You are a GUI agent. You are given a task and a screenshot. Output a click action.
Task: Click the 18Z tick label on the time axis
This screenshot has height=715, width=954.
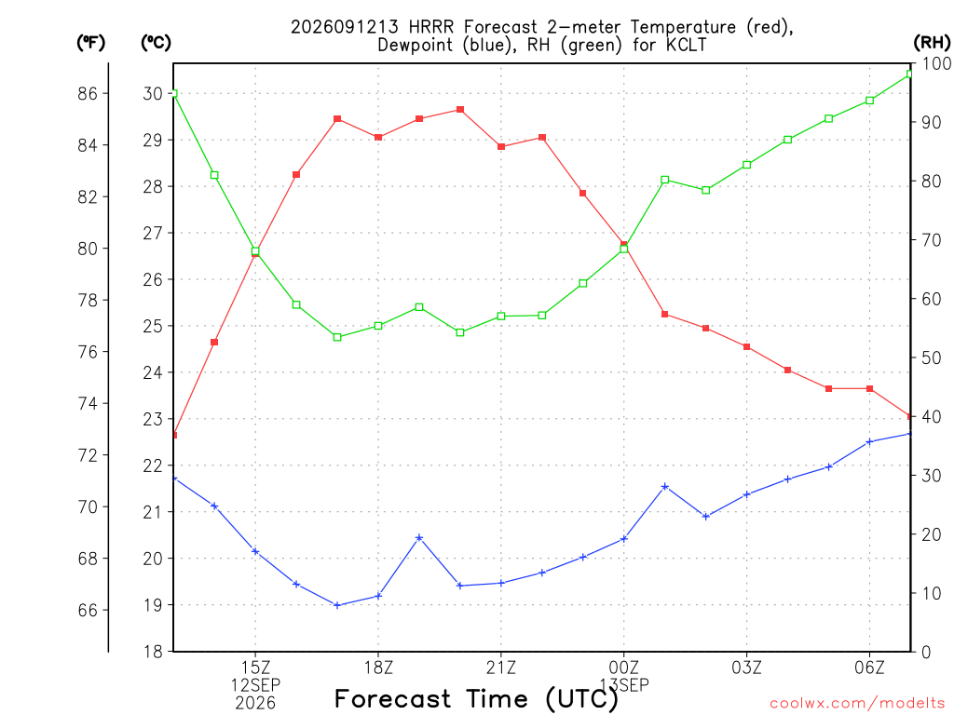[378, 668]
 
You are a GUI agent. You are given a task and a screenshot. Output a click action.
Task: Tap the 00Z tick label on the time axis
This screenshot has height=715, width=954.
[623, 668]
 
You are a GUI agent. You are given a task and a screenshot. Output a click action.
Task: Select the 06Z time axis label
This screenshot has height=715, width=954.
[869, 668]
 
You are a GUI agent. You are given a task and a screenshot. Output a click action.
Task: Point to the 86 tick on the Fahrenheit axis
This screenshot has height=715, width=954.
[88, 94]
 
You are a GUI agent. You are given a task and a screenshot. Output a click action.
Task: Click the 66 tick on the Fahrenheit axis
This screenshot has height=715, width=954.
[88, 610]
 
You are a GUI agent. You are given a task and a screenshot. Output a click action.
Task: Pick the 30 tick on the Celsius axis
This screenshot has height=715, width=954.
[153, 94]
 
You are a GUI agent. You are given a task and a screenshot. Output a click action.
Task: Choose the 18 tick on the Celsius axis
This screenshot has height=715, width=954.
[153, 652]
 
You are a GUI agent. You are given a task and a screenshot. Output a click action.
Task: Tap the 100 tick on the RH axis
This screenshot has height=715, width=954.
[937, 63]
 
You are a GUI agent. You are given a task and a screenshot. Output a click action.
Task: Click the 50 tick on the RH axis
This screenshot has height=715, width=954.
[932, 357]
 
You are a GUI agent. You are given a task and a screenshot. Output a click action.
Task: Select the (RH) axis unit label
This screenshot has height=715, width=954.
[932, 42]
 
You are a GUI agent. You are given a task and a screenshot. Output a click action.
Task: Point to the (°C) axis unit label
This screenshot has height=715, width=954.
[156, 42]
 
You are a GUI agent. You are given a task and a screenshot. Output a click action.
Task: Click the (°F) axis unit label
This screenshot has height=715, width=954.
[90, 42]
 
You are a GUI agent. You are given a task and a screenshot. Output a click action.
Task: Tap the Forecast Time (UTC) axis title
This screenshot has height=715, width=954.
[476, 699]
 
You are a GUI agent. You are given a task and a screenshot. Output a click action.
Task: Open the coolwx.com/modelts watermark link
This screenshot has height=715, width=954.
[857, 704]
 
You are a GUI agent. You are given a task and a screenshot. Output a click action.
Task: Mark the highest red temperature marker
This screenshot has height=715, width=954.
[460, 110]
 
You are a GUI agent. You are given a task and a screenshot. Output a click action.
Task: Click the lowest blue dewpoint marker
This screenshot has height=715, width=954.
[337, 605]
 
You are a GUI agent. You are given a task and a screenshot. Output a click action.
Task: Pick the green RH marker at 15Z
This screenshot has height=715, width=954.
[255, 251]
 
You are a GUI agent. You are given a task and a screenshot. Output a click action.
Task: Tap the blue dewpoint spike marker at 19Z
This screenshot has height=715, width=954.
[419, 538]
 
